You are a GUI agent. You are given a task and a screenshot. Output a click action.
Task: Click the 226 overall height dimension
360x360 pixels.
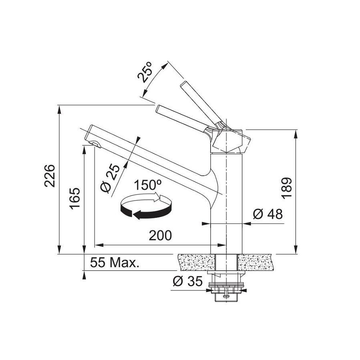[50, 176]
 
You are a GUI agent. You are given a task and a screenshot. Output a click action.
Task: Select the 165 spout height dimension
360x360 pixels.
[75, 198]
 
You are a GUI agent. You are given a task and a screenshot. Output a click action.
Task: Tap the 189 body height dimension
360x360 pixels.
[287, 188]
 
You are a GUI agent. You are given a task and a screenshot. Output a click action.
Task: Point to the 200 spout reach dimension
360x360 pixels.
[160, 235]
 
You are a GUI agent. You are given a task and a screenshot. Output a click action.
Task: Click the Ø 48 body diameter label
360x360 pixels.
[268, 214]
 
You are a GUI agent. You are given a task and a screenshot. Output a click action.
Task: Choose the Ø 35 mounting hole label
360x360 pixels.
[188, 281]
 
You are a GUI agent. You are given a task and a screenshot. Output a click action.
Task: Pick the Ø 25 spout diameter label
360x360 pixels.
[111, 178]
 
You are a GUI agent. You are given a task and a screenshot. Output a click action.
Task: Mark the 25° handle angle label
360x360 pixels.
[145, 72]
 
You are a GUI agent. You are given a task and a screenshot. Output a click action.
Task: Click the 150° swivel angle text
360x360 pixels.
[148, 185]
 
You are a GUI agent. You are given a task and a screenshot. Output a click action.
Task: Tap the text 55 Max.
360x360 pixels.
[115, 262]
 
